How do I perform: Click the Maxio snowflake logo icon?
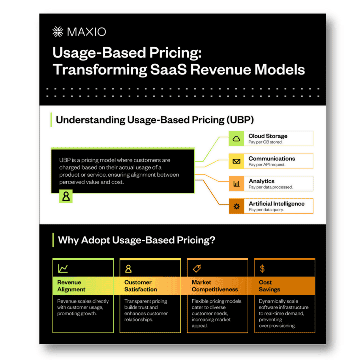(58, 32)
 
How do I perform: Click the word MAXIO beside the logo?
(87, 32)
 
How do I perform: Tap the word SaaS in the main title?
(169, 69)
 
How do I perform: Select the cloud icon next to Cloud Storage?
(236, 139)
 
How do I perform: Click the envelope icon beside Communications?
(236, 161)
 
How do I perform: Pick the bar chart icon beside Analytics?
(236, 184)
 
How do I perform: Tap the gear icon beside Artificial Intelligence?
(236, 206)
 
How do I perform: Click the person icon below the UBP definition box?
(66, 196)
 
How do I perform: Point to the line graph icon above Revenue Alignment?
(63, 268)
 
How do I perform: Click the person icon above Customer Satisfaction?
(128, 269)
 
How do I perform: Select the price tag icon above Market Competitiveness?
(197, 268)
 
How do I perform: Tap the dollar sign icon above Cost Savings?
(262, 268)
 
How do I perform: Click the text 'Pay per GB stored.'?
(265, 142)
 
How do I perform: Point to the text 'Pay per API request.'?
(267, 165)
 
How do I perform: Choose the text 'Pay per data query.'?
(266, 210)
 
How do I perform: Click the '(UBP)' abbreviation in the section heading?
(240, 120)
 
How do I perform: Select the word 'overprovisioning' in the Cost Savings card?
(277, 326)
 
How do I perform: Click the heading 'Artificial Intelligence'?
(276, 204)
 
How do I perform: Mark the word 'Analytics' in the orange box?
(262, 181)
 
